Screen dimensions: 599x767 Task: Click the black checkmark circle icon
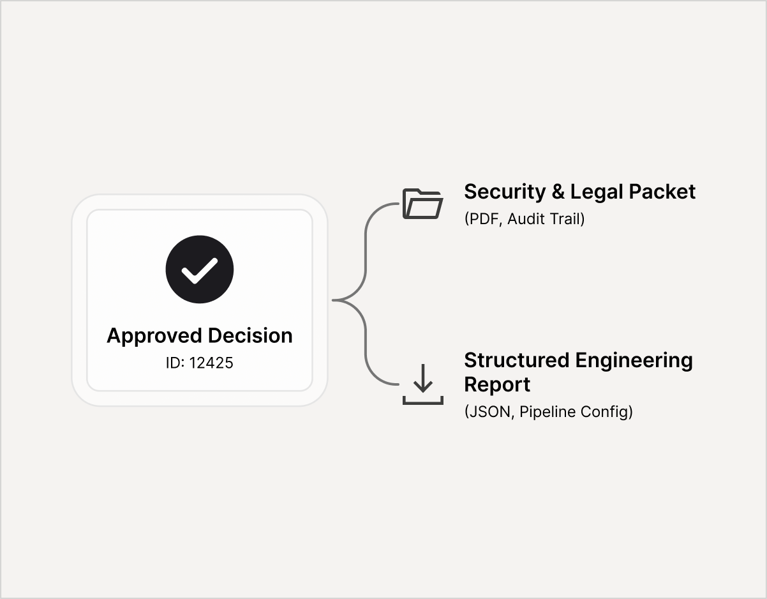click(x=200, y=270)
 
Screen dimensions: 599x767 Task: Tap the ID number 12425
click(x=211, y=363)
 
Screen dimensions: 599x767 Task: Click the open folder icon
click(x=422, y=204)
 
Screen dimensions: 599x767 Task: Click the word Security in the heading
click(x=505, y=192)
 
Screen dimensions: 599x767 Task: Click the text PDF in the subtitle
click(x=484, y=219)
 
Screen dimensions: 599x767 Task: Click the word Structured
click(x=516, y=360)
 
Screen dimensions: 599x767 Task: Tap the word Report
click(x=497, y=385)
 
